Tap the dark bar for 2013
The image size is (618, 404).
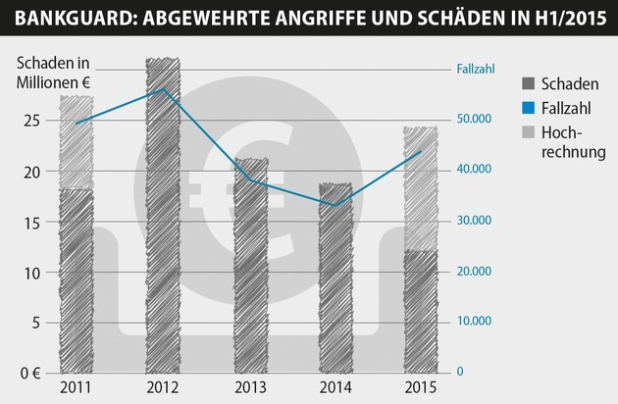click(x=252, y=275)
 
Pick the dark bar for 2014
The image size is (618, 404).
click(x=335, y=284)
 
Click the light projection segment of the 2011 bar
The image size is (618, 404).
click(x=76, y=142)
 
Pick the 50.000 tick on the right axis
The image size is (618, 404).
click(x=476, y=120)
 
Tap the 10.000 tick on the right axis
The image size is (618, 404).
click(x=476, y=322)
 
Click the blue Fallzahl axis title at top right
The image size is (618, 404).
click(x=478, y=69)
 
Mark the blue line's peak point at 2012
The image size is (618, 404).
click(x=163, y=89)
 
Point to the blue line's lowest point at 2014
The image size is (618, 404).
click(x=335, y=206)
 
